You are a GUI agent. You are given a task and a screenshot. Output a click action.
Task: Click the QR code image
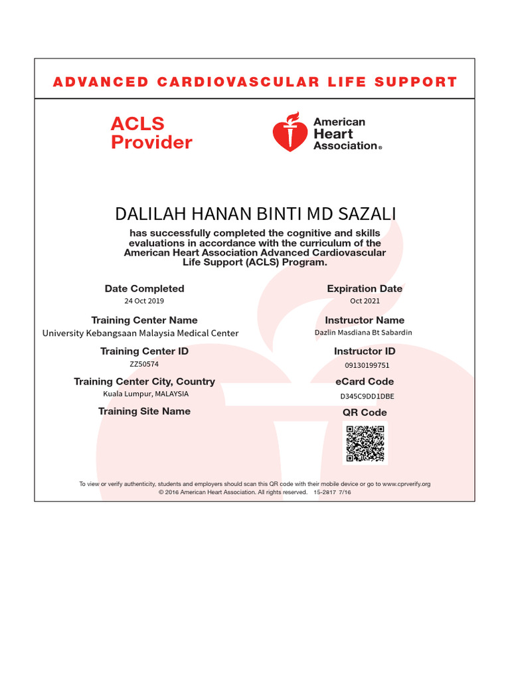coord(365,444)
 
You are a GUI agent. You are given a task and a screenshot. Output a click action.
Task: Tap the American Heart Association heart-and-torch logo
coord(290,132)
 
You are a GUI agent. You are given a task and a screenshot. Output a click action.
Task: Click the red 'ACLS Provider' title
coord(151,133)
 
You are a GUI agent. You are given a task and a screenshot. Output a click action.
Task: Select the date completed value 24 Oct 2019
coord(144,301)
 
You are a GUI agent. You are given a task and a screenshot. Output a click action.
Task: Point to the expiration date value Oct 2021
coord(365,301)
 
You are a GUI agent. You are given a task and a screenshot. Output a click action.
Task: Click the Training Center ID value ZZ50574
coord(144,364)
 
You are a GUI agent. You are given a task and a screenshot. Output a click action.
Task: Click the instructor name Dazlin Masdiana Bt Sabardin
coord(363,332)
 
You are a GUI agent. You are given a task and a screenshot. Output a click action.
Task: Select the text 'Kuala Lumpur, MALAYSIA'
coord(145,394)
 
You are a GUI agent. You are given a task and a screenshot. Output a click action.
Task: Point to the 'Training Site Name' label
coord(144,411)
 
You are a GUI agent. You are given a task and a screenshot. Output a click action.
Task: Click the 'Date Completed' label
coord(144,288)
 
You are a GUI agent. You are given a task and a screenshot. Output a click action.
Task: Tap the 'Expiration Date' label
coord(365,288)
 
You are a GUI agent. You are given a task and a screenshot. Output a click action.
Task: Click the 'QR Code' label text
coord(365,412)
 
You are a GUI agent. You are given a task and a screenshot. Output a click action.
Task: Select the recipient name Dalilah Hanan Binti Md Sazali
coord(254,214)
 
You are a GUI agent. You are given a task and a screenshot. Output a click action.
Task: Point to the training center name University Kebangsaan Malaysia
coord(140,333)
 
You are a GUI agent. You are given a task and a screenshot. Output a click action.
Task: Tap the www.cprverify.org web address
coord(406,484)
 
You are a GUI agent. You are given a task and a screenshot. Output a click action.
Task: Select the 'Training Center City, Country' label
coord(144,381)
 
